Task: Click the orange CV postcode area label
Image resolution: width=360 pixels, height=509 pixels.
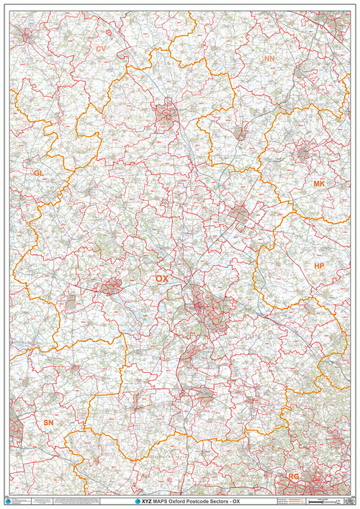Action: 101,49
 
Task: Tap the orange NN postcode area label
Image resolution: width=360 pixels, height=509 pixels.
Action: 269,58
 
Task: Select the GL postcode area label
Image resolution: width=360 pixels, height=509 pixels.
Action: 38,174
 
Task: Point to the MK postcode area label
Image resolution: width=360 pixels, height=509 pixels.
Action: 319,184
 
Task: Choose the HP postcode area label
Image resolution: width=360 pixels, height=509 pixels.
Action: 320,266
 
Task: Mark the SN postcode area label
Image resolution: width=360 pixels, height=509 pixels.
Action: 48,423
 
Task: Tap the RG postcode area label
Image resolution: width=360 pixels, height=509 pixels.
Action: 294,477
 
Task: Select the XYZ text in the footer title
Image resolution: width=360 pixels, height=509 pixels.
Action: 145,500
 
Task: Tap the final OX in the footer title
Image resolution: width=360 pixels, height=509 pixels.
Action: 235,500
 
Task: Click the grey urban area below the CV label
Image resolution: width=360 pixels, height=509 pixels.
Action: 166,116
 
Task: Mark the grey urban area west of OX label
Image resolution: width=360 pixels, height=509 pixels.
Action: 112,287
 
